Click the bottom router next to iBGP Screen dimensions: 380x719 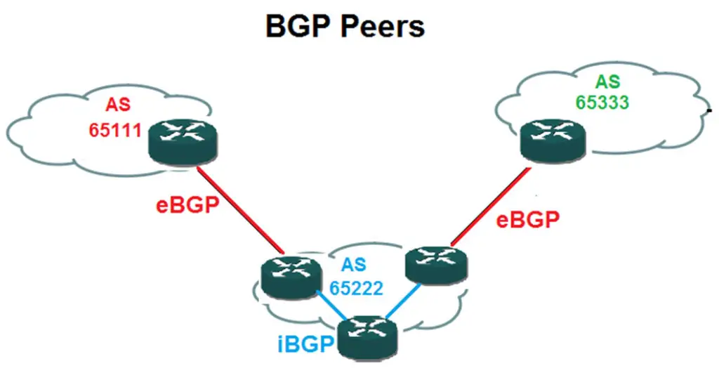[x=367, y=335]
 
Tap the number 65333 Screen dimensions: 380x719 [x=602, y=101]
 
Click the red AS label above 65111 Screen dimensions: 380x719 [x=118, y=105]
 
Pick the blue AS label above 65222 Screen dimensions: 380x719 [x=353, y=266]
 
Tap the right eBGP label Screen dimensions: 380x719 [x=528, y=220]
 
